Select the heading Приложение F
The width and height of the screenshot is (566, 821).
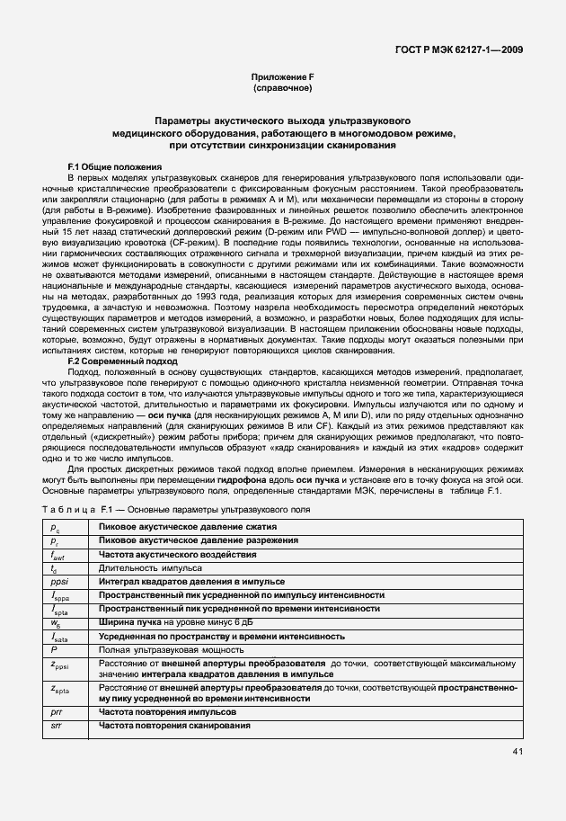click(x=282, y=79)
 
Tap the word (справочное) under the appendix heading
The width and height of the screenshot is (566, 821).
click(x=282, y=90)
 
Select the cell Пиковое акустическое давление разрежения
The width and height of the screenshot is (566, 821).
click(x=198, y=540)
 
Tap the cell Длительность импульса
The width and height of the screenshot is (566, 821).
click(x=150, y=568)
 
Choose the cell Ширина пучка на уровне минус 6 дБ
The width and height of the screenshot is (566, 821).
click(x=169, y=622)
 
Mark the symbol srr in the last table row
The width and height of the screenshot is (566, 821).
click(x=56, y=725)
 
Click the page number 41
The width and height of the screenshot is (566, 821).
click(x=517, y=751)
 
